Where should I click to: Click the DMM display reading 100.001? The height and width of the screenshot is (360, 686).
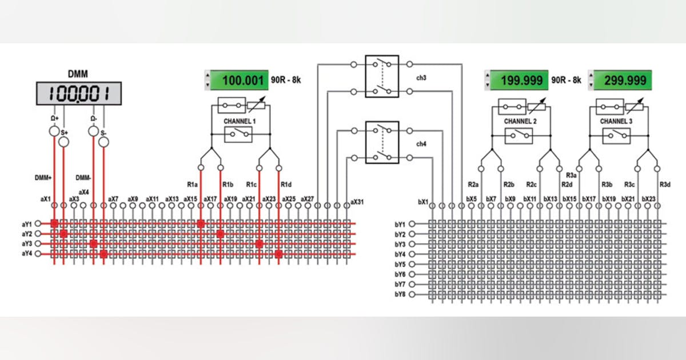(79, 93)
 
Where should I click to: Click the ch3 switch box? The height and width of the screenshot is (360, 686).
(381, 76)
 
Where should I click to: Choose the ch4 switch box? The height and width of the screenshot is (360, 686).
(381, 143)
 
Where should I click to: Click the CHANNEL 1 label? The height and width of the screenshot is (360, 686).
(240, 122)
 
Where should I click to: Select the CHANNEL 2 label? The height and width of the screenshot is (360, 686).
(520, 122)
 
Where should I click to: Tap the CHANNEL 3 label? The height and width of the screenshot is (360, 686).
(616, 122)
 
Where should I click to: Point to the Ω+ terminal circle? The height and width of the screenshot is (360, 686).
(54, 132)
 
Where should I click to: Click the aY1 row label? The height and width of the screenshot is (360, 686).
(26, 223)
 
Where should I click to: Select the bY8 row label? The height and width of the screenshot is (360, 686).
(400, 294)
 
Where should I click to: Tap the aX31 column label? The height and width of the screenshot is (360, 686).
(357, 201)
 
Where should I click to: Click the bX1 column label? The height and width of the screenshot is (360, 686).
(423, 201)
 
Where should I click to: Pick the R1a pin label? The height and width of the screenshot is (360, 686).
(192, 184)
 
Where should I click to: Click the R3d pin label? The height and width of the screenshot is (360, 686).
(665, 184)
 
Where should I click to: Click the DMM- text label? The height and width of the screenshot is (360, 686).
(83, 178)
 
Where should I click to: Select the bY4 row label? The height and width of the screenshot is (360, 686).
(400, 254)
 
